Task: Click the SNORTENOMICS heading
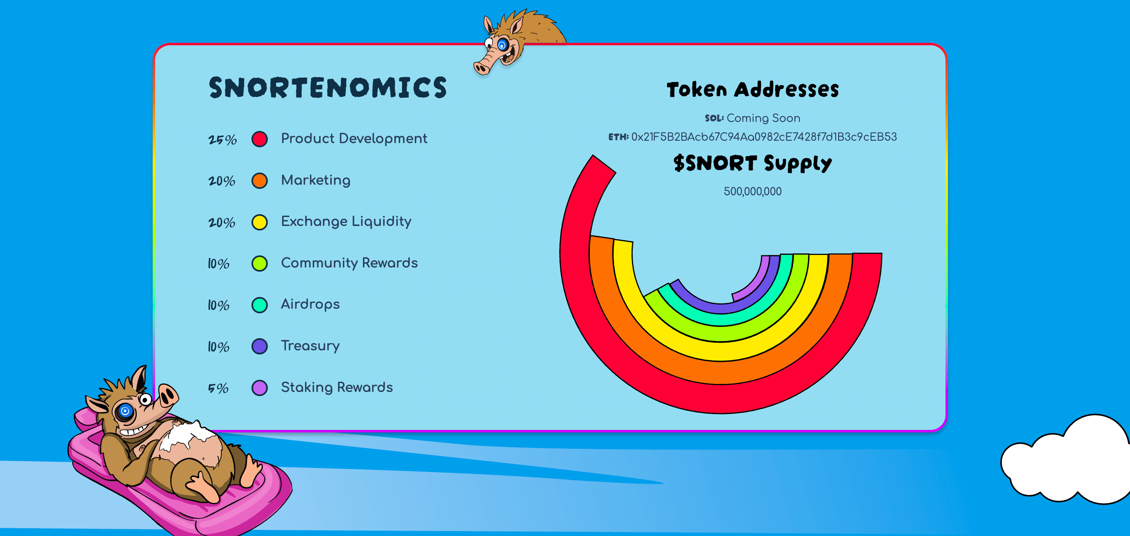pyautogui.click(x=328, y=87)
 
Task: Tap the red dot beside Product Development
pyautogui.click(x=260, y=139)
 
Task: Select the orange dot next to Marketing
pyautogui.click(x=260, y=181)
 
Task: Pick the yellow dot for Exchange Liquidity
pyautogui.click(x=260, y=222)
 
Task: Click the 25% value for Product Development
pyautogui.click(x=222, y=140)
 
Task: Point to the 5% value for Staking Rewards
pyautogui.click(x=218, y=388)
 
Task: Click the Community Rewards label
pyautogui.click(x=349, y=263)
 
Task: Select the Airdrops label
pyautogui.click(x=310, y=305)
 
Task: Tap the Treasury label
pyautogui.click(x=310, y=346)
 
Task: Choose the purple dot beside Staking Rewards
pyautogui.click(x=260, y=388)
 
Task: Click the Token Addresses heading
pyautogui.click(x=753, y=89)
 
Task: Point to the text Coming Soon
pyautogui.click(x=763, y=118)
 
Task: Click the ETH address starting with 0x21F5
pyautogui.click(x=764, y=137)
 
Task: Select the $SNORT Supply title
pyautogui.click(x=753, y=163)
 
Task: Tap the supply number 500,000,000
pyautogui.click(x=753, y=192)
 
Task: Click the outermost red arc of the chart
pyautogui.click(x=720, y=399)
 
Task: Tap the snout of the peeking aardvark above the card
pyautogui.click(x=484, y=66)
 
